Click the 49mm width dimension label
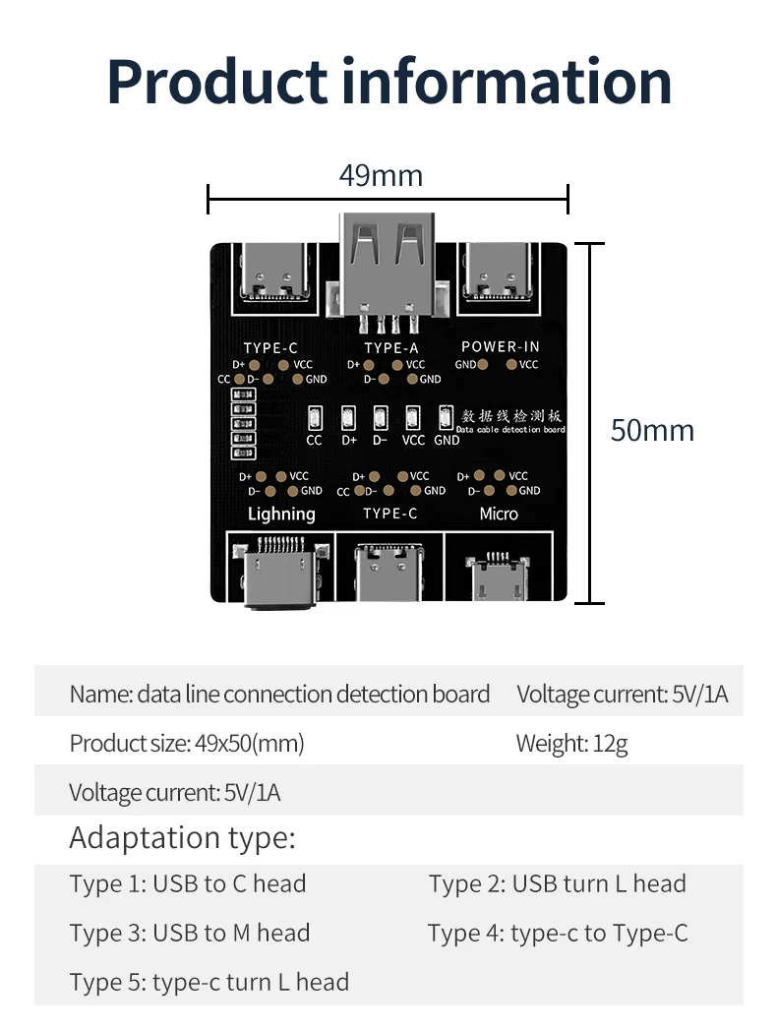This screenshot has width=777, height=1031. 381,175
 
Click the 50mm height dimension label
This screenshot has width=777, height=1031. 652,431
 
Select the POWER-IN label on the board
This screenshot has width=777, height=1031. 501,346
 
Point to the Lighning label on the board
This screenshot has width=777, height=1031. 281,515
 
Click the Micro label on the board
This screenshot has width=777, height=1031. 499,514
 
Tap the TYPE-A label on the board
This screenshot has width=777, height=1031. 391,348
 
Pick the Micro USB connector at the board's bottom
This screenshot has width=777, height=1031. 497,576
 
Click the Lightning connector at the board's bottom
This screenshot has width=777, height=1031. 279,572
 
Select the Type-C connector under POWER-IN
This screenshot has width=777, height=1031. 498,271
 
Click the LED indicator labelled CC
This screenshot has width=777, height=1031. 315,418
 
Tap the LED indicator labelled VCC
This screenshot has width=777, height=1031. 413,418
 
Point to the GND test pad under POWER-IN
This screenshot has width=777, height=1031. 483,364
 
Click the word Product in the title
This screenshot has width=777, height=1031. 217,82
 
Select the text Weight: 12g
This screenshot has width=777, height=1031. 571,744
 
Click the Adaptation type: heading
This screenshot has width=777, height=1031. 183,838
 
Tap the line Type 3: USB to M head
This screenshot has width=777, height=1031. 190,933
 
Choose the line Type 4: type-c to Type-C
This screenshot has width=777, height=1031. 558,934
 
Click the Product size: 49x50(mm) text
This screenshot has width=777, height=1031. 187,744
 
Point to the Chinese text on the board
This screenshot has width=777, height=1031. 510,415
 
